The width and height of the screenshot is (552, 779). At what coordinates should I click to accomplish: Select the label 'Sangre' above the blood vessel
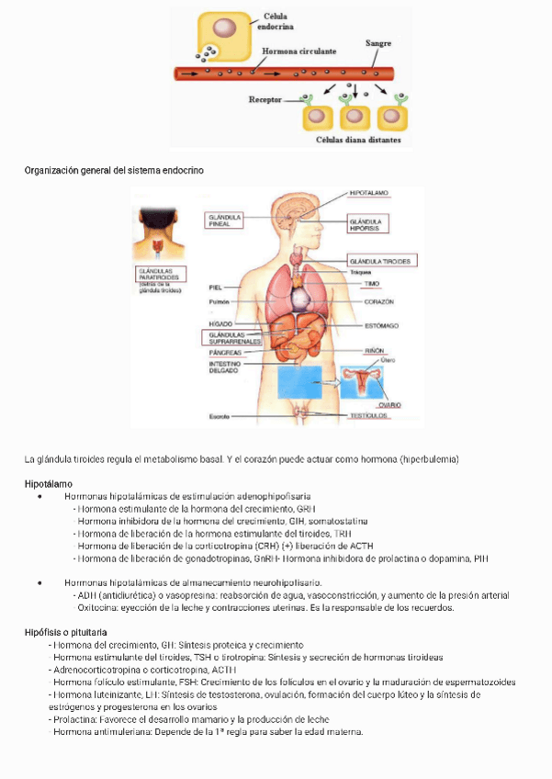tap(378, 43)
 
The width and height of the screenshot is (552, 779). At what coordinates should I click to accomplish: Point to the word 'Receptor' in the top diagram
tap(266, 99)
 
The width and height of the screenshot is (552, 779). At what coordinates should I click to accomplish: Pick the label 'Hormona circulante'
tap(299, 51)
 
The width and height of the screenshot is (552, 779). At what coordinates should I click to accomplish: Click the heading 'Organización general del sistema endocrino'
tap(114, 171)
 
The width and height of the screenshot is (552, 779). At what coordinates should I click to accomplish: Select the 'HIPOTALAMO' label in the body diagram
tap(369, 193)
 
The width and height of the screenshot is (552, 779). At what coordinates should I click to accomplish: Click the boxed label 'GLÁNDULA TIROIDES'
tap(381, 261)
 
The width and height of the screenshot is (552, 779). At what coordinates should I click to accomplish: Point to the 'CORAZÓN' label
tap(378, 301)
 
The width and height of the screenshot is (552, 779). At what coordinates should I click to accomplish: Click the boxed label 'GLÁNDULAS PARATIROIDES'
tap(161, 274)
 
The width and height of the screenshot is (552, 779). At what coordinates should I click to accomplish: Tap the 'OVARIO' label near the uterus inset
tap(389, 404)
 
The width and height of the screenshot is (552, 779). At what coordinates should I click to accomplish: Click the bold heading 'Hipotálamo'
tap(48, 483)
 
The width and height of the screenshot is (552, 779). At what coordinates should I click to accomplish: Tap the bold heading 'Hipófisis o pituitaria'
tap(65, 632)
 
